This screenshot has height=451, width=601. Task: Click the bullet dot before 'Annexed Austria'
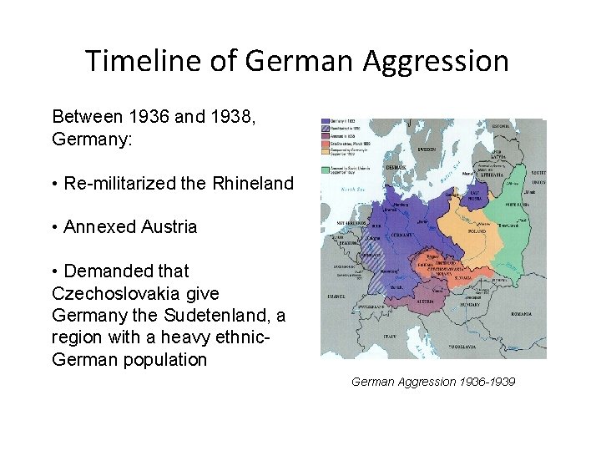tap(55, 227)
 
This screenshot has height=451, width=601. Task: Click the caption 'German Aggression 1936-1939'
tap(433, 382)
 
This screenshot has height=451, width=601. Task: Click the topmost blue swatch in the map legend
tap(326, 121)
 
